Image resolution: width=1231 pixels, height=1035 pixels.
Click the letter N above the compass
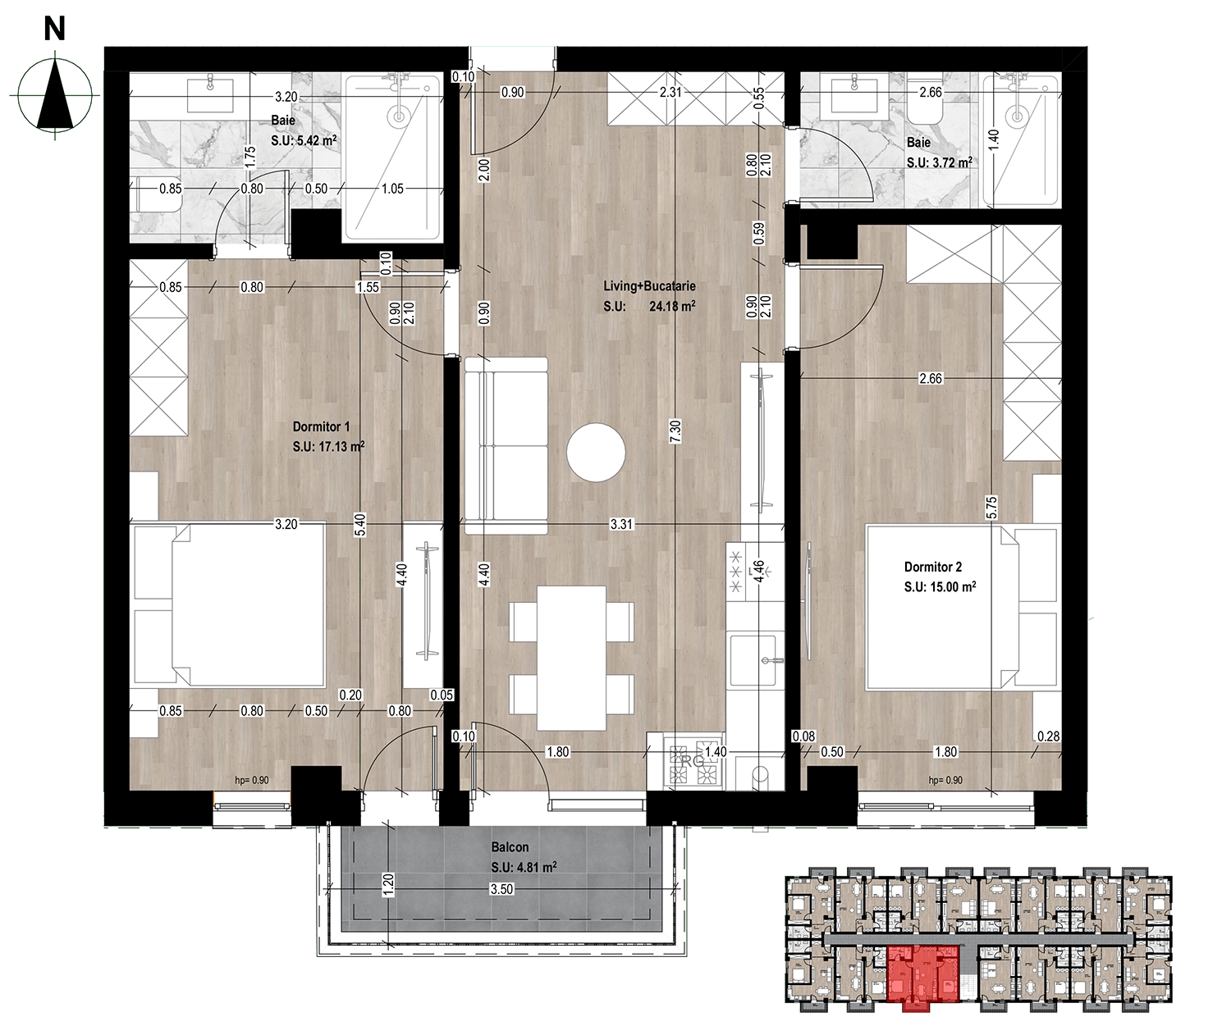click(55, 29)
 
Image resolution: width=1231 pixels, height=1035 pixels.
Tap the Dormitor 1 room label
click(321, 426)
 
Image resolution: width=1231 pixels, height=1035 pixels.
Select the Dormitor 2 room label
click(932, 567)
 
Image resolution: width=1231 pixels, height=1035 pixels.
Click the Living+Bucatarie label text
click(649, 286)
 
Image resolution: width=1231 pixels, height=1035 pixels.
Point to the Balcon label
click(510, 847)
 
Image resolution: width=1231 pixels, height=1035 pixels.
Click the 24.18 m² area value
click(672, 307)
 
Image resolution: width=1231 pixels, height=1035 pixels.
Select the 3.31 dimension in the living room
click(621, 524)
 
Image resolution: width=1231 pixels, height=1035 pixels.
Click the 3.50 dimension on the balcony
click(501, 889)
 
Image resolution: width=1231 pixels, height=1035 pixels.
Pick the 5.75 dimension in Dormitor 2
click(991, 507)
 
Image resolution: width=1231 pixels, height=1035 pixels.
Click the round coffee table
click(596, 453)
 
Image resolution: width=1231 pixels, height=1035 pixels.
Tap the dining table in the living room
click(571, 658)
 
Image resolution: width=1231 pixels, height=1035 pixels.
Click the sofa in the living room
click(506, 446)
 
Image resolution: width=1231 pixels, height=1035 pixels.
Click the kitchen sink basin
click(756, 659)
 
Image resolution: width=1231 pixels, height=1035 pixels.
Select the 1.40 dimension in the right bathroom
click(993, 140)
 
